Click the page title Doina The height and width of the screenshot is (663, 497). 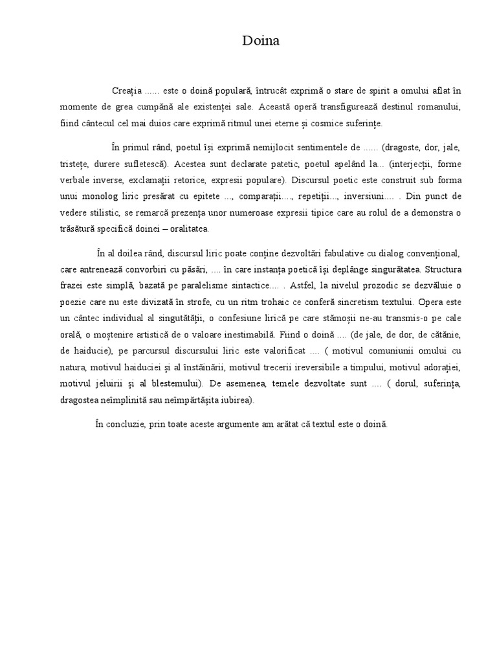coord(261,41)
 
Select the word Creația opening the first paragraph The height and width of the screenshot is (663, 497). coord(127,89)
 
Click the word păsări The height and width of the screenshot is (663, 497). coord(194,269)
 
